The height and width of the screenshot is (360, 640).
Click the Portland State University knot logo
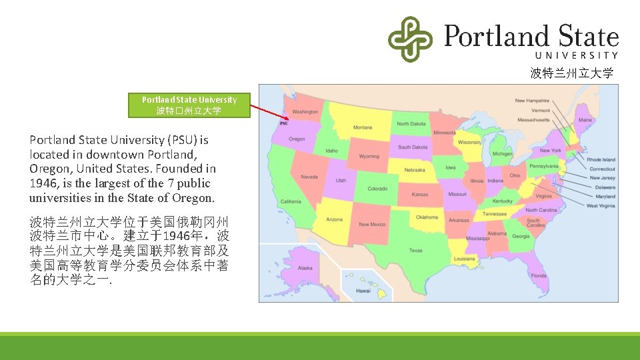410,39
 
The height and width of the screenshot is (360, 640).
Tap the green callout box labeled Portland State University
189,105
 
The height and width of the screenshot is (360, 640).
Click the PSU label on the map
285,123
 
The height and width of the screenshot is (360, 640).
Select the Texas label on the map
415,251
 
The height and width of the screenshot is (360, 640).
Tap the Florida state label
539,275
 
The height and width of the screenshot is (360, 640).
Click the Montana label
363,127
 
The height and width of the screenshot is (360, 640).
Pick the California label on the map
291,201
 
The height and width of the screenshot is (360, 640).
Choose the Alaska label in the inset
305,268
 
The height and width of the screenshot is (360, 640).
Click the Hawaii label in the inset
363,291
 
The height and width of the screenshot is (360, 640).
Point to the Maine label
585,120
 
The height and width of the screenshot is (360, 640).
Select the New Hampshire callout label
532,101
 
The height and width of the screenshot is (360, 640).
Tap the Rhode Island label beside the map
601,159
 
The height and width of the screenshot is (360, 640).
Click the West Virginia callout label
601,206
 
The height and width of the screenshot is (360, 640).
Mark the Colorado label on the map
377,189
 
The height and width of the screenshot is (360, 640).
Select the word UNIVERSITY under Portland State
577,55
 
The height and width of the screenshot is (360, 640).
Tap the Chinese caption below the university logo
571,73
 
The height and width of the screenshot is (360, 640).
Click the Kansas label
420,195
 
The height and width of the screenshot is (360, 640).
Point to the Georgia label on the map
521,236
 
